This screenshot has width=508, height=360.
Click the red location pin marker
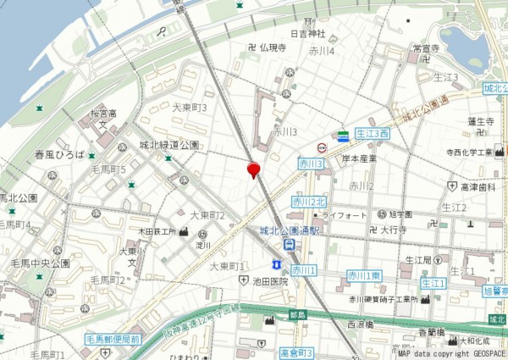252,170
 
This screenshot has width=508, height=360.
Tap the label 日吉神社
308,34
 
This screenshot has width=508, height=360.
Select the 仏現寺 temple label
273,47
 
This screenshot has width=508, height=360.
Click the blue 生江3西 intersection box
372,134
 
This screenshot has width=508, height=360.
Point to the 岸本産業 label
359,158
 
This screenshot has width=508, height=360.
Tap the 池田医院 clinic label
270,280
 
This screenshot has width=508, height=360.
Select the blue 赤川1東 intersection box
364,275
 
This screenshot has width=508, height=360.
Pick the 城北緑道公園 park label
170,145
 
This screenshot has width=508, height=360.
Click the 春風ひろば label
60,155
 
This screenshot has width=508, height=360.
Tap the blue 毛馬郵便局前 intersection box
112,339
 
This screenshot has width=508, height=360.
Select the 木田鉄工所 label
157,231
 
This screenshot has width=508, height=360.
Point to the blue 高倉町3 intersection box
296,352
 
